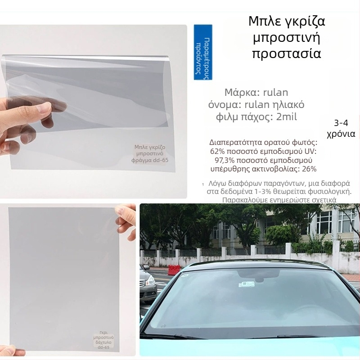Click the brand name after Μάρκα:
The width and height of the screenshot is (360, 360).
pyautogui.click(x=274, y=93)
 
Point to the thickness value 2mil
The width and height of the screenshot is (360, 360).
pyautogui.click(x=286, y=117)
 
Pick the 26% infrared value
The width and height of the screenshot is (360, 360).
pyautogui.click(x=308, y=169)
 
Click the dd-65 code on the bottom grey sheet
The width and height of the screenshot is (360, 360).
pyautogui.click(x=104, y=347)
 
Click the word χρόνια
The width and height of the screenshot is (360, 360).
pyautogui.click(x=344, y=134)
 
